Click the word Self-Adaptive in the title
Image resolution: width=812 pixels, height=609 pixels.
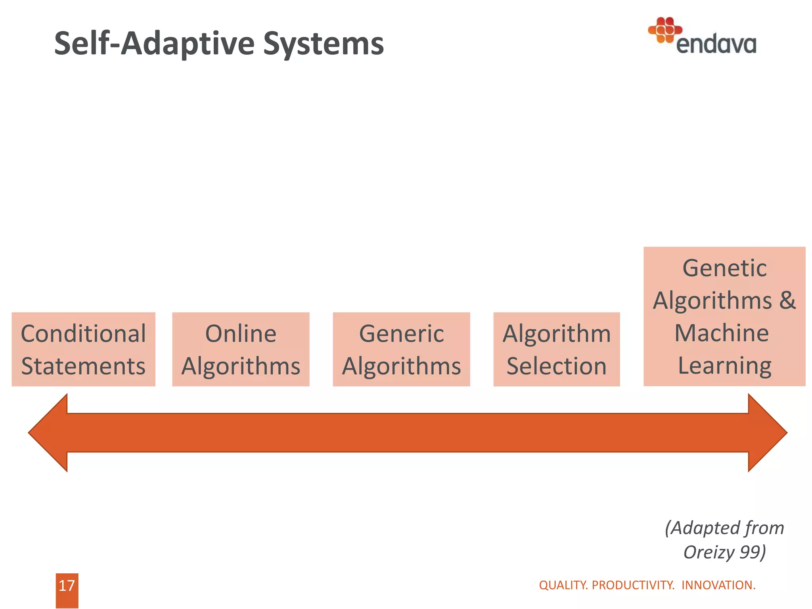tap(154, 44)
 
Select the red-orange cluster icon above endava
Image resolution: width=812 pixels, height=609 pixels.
tap(665, 30)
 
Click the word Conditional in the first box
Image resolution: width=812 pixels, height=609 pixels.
tap(83, 333)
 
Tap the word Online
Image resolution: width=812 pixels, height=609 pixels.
tap(241, 333)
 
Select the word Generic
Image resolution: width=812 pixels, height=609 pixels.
tap(401, 333)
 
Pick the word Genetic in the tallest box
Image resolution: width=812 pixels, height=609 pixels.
tap(724, 268)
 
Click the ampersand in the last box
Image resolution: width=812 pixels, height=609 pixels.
tap(787, 300)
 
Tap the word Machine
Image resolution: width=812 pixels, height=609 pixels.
tap(722, 333)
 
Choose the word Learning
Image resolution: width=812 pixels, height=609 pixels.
tap(724, 366)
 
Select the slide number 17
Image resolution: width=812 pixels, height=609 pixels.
tap(67, 586)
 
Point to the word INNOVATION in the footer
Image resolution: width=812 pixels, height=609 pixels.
tap(718, 585)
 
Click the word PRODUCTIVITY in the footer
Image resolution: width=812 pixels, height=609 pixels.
tap(633, 585)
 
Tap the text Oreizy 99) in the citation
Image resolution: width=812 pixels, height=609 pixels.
tap(724, 552)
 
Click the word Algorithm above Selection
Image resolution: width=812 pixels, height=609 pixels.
tap(556, 333)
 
